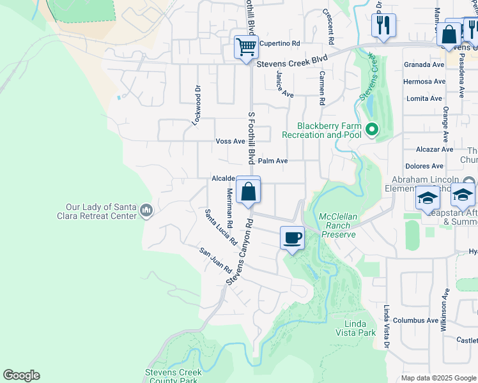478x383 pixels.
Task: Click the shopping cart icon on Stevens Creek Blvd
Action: (x=245, y=47)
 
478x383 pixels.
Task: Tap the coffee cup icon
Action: (x=292, y=238)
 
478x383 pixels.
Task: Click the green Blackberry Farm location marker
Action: (x=371, y=130)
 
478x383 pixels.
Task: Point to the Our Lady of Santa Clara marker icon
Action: (x=146, y=211)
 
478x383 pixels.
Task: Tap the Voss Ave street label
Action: (x=231, y=141)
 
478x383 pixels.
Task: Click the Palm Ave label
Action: (x=273, y=161)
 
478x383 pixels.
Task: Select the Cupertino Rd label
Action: (x=279, y=43)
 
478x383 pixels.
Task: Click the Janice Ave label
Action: (x=284, y=84)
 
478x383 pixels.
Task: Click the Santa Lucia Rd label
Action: (x=221, y=227)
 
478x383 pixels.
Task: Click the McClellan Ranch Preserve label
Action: (x=337, y=225)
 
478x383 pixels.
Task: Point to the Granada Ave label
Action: (x=424, y=65)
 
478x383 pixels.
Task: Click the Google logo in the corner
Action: (x=21, y=375)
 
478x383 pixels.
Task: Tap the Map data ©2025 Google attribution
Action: (x=438, y=378)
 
